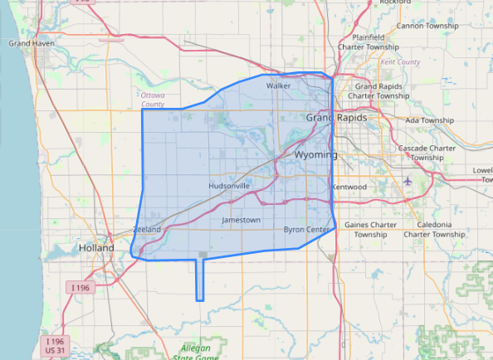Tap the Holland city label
(96, 248)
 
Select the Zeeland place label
(145, 229)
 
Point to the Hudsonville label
(230, 187)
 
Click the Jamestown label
(241, 220)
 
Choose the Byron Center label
(307, 229)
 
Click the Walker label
(277, 85)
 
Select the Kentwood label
(349, 187)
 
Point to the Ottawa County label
(153, 100)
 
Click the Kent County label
(400, 62)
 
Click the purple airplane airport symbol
(407, 181)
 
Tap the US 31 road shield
(55, 353)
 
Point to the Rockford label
(396, 2)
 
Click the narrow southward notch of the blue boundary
(199, 282)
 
